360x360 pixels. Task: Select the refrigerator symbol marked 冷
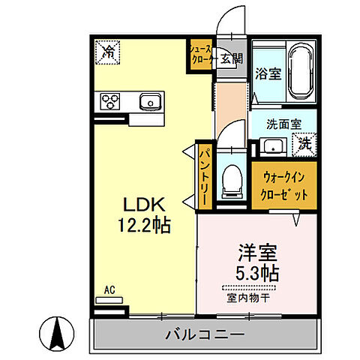click(x=108, y=52)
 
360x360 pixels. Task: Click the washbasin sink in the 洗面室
click(x=271, y=145)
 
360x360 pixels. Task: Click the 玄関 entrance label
click(x=232, y=58)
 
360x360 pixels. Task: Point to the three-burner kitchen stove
click(x=109, y=100)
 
